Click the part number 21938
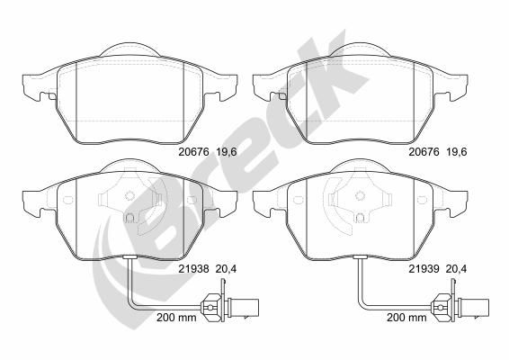pyautogui.click(x=192, y=267)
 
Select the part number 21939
pyautogui.click(x=425, y=267)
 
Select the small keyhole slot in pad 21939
pyautogui.click(x=363, y=218)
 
